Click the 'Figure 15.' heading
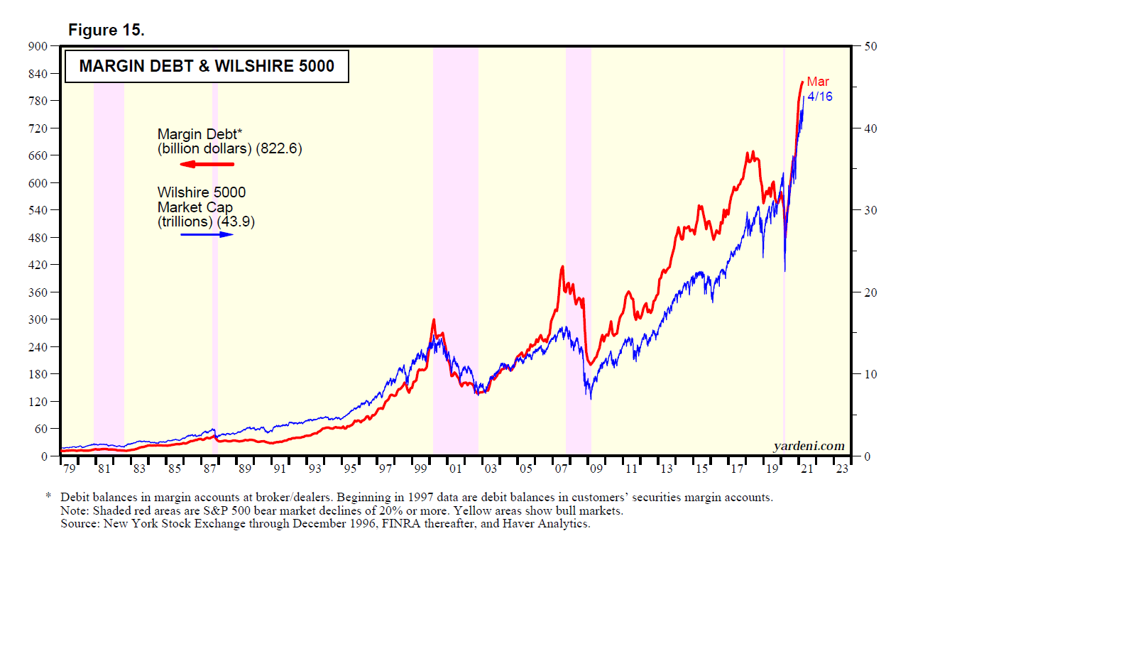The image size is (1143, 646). (x=106, y=30)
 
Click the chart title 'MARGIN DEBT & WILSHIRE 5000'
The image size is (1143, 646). (x=207, y=66)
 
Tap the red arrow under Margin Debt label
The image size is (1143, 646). (x=207, y=164)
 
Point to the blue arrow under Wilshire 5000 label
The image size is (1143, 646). (x=207, y=234)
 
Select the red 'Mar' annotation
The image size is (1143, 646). (x=818, y=82)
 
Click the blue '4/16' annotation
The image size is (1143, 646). (x=820, y=97)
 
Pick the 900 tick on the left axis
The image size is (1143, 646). (x=38, y=47)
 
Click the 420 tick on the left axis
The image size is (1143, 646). (x=38, y=265)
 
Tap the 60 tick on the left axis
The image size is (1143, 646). (x=40, y=429)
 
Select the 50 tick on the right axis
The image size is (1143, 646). (x=870, y=47)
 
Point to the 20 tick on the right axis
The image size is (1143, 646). (x=870, y=292)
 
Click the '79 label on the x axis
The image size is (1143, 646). (x=69, y=469)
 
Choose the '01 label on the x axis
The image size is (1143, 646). (x=455, y=469)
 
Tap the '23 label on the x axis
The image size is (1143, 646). (x=841, y=469)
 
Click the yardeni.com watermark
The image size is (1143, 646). (x=809, y=446)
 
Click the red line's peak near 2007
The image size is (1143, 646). (x=562, y=267)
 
